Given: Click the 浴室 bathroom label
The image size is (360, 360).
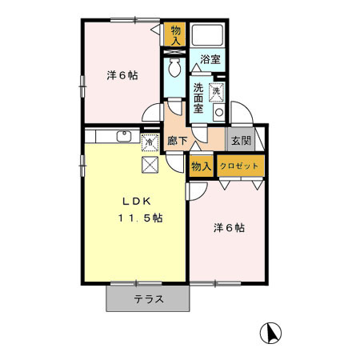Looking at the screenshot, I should (210, 59).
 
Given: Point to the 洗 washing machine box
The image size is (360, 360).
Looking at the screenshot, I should (216, 91).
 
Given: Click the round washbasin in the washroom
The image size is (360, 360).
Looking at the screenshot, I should (216, 111).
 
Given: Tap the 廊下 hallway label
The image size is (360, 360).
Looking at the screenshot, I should (178, 142).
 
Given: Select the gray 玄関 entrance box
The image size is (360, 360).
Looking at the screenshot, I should (241, 141).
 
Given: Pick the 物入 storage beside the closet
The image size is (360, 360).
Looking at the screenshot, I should (200, 166).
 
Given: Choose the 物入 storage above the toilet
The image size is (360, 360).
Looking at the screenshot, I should (175, 34).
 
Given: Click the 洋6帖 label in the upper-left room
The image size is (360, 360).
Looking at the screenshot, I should (122, 75).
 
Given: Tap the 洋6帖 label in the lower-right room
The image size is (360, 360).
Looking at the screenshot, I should (229, 228).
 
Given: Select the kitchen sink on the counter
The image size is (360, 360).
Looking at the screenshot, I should (124, 136).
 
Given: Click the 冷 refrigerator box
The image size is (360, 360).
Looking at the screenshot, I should (149, 142).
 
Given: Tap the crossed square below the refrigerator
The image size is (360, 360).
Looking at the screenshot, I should (150, 165).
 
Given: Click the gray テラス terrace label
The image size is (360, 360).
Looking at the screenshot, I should (149, 300).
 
